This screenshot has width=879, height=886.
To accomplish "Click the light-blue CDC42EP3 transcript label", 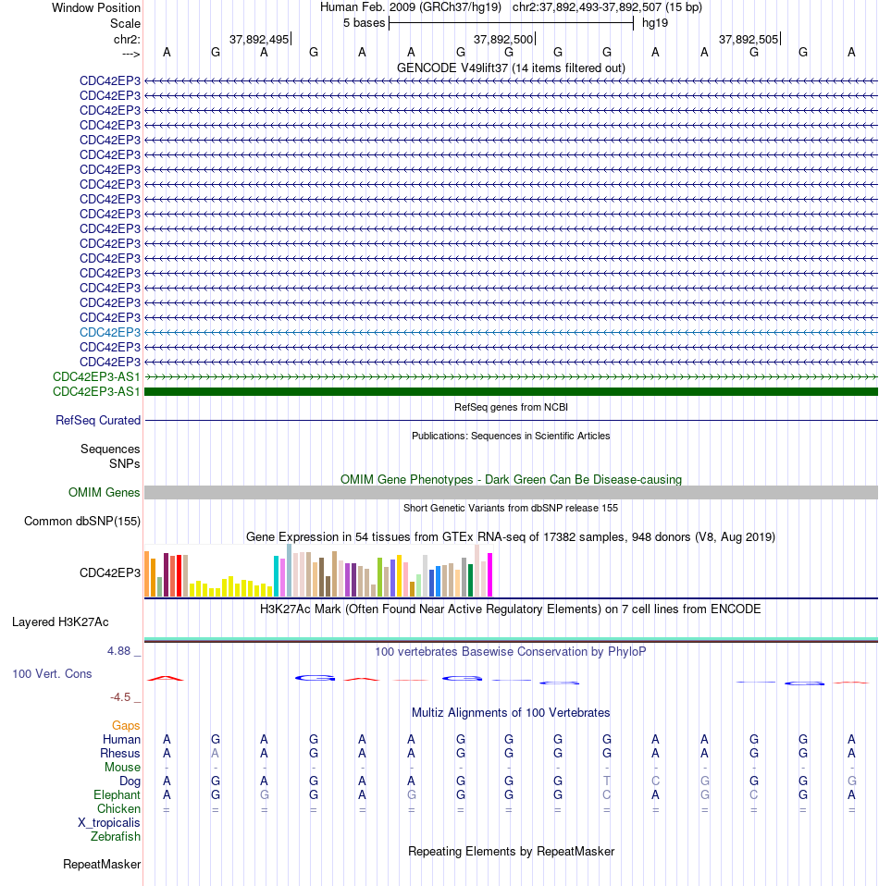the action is point(110,332).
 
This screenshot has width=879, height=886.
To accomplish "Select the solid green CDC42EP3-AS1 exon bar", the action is point(511,391).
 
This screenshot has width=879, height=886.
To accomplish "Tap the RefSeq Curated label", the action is point(98,421).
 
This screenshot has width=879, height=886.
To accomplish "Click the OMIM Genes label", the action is point(104,493).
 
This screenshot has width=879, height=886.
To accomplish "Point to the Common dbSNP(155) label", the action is point(82,521).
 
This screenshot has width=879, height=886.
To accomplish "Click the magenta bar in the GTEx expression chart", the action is point(489,574).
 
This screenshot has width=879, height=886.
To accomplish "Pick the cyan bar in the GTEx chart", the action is point(277,576).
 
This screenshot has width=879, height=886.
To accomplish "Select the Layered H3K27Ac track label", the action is point(60,622).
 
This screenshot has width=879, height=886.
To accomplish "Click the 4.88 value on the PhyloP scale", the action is point(119,651).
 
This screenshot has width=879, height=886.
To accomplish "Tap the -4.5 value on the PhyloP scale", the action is point(120,697).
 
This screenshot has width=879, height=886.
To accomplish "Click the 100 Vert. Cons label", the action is point(52,673).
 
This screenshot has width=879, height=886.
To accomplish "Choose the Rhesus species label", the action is point(120,753).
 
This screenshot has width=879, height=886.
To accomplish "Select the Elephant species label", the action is point(117,795).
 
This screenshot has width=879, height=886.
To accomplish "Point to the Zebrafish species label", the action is point(116,836).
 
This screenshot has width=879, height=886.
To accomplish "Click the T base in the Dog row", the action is point(607,781).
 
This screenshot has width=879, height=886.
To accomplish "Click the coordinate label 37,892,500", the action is point(503,40).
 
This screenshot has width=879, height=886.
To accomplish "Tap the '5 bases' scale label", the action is point(364,23).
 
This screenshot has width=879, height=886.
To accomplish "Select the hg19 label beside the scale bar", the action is point(655,23).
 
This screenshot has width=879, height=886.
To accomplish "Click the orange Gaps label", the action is point(126,725).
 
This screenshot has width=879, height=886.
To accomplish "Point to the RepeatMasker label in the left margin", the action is point(102,865).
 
